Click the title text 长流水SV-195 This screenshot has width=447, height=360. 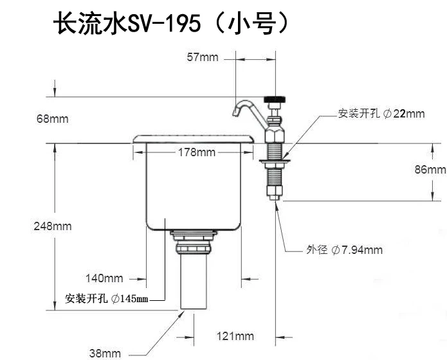click(127, 23)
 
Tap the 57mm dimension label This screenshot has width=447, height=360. click(203, 57)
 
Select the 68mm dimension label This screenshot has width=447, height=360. click(53, 119)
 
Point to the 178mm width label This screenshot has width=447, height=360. click(197, 152)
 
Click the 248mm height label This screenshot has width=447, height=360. click(53, 226)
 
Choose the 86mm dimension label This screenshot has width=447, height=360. click(430, 170)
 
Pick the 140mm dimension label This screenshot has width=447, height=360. click(104, 278)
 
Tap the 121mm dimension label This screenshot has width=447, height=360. click(235, 336)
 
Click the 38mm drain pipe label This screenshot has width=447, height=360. click(105, 354)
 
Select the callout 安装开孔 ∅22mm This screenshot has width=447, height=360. click(381, 114)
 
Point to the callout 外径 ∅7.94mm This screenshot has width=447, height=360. click(344, 250)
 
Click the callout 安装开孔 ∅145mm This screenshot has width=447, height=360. click(107, 299)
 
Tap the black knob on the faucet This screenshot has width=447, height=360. click(275, 100)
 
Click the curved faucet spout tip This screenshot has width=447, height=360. click(235, 113)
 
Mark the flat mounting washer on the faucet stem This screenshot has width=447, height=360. click(275, 161)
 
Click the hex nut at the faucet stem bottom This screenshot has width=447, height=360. click(275, 192)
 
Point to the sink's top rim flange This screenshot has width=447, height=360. click(194, 139)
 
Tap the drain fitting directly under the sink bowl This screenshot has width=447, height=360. click(194, 242)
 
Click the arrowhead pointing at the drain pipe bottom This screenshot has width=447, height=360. click(181, 314)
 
